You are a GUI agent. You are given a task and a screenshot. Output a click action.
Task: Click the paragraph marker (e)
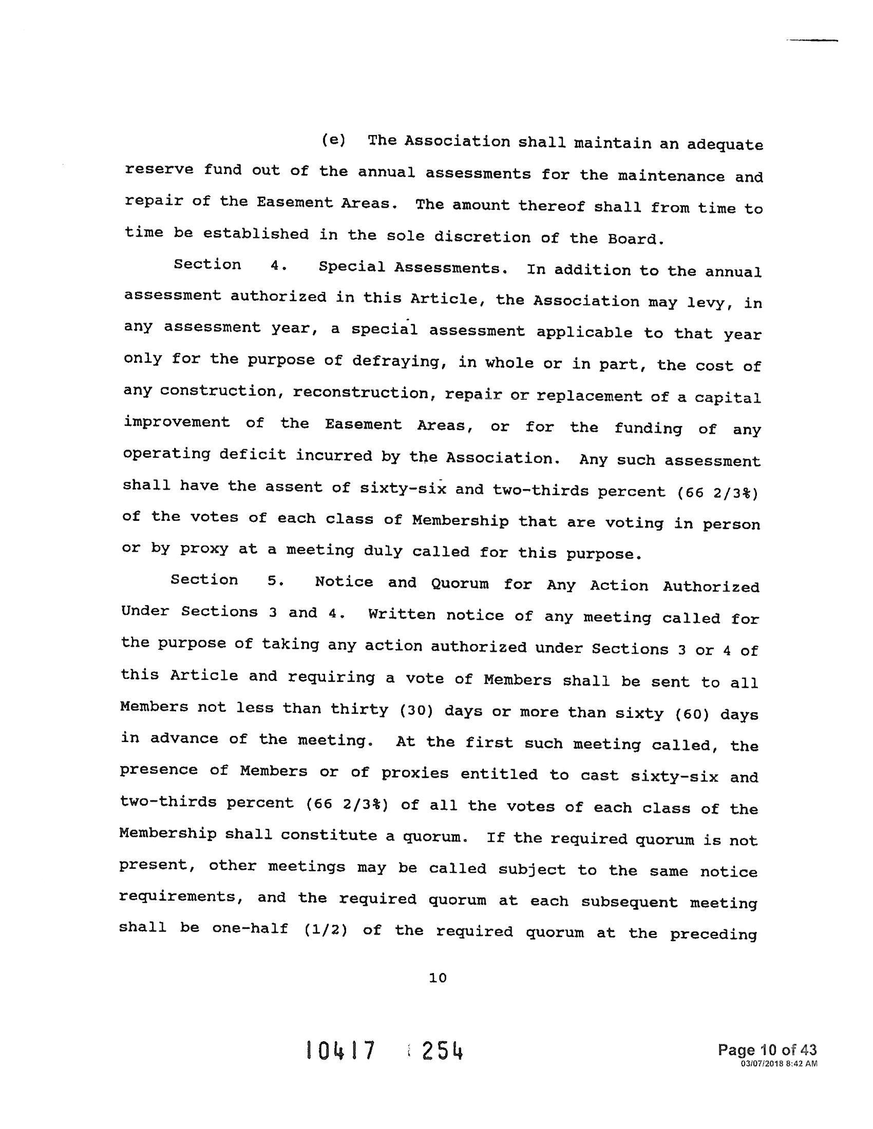(334, 141)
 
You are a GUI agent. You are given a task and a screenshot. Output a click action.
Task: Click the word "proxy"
(204, 549)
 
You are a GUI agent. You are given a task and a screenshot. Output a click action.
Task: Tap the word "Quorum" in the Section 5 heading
(460, 583)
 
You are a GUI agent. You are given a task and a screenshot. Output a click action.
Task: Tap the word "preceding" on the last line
(713, 934)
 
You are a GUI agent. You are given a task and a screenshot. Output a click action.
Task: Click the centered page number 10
(438, 978)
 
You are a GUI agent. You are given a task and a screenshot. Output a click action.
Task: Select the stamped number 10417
(340, 1052)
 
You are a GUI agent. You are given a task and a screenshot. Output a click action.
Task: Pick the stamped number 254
(442, 1052)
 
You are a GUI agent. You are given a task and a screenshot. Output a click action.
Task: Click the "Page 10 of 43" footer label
(767, 1049)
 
